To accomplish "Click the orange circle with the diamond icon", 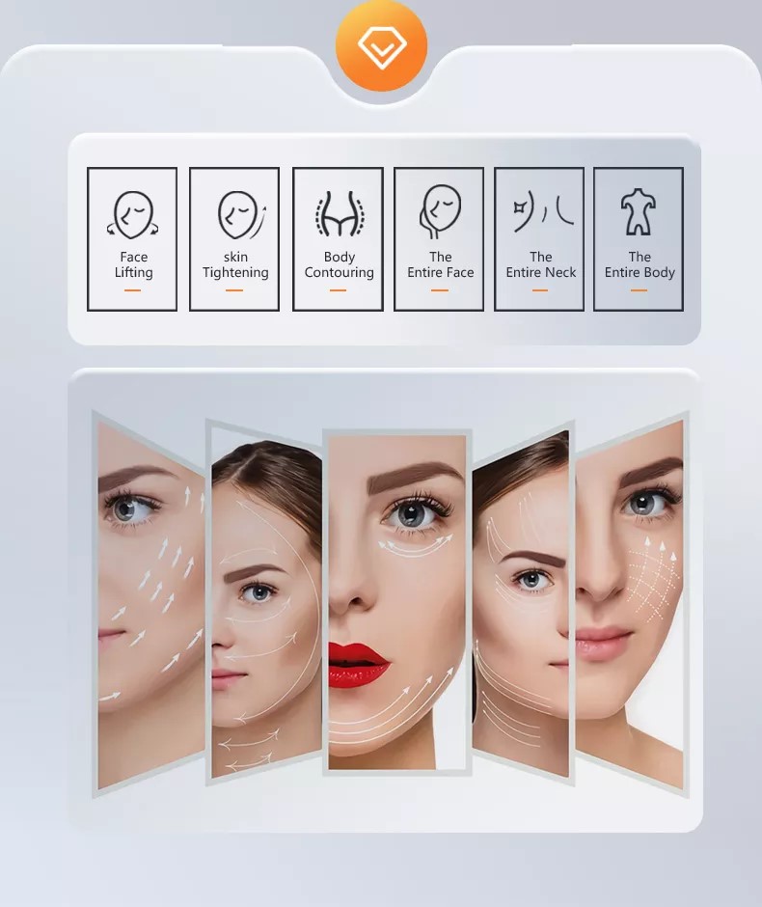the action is pyautogui.click(x=381, y=45).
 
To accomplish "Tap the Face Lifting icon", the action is pyautogui.click(x=132, y=214).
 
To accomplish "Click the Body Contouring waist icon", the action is pyautogui.click(x=340, y=213).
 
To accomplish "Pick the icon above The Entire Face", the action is pyautogui.click(x=440, y=211).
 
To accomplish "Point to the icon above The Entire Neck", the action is pyautogui.click(x=542, y=212).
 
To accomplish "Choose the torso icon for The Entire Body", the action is pyautogui.click(x=638, y=211).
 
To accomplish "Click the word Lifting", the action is pyautogui.click(x=133, y=272).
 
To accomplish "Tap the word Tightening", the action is pyautogui.click(x=235, y=272).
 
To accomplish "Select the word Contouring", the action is pyautogui.click(x=339, y=272).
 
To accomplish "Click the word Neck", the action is pyautogui.click(x=560, y=272).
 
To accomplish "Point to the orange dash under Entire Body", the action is pyautogui.click(x=639, y=289).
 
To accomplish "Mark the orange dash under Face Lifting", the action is pyautogui.click(x=132, y=289).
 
